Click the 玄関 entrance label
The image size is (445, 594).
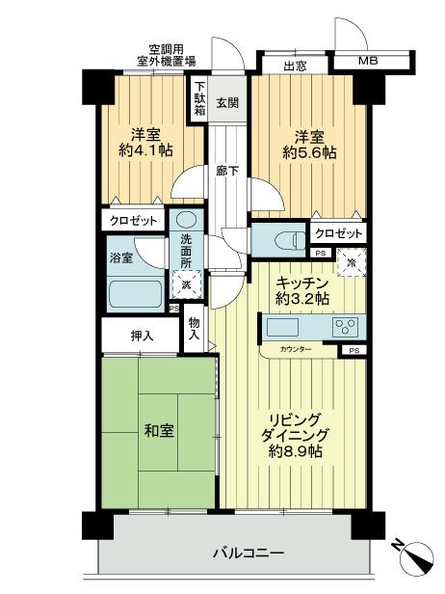pos(226,102)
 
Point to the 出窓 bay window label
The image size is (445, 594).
pos(295,67)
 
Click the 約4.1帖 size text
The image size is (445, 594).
pos(145,150)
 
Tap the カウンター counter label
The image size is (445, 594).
pos(296,348)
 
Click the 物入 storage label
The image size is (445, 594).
pos(195,329)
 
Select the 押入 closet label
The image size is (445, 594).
pos(141,337)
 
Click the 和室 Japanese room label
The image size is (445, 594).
pos(160,431)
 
